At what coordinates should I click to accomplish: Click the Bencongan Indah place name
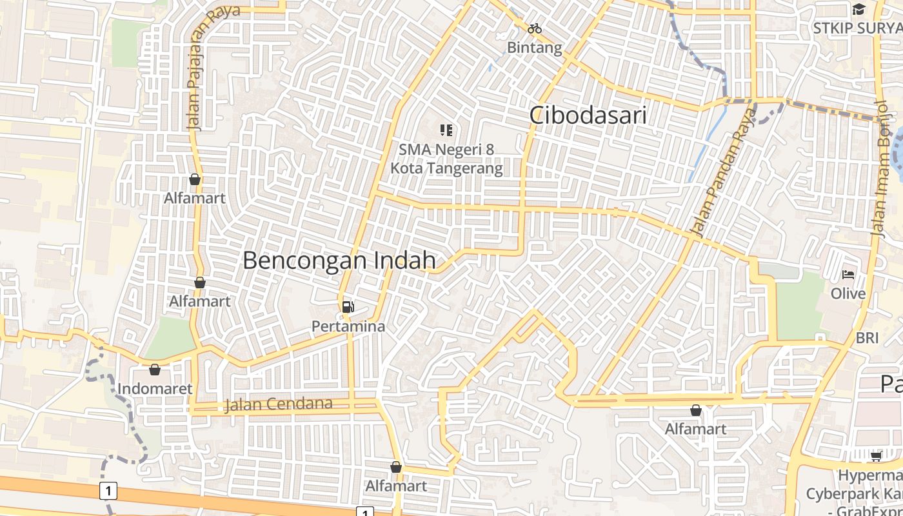(339, 261)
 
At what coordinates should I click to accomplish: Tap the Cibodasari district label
(588, 115)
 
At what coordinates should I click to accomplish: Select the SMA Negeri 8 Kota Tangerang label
(446, 159)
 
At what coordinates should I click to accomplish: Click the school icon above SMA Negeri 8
(446, 131)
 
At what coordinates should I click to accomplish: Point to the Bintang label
(534, 48)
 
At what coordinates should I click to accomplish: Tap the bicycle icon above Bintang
(534, 28)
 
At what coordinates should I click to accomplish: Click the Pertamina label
(348, 326)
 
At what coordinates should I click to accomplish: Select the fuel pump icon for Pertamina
(348, 307)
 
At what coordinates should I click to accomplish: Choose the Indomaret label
(155, 389)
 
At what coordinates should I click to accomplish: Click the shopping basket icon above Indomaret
(155, 370)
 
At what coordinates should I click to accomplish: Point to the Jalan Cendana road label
(279, 405)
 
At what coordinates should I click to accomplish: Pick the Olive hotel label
(848, 293)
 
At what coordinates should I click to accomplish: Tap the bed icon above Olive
(848, 275)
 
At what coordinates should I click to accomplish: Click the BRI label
(867, 338)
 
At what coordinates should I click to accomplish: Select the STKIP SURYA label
(857, 28)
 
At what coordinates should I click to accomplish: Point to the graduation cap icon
(858, 9)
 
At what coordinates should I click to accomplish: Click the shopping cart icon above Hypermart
(876, 457)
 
